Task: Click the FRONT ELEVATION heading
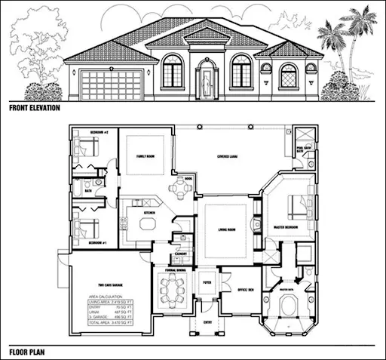tap(36, 108)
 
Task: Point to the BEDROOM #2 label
tap(100, 133)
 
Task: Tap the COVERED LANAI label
tap(227, 156)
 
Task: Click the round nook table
tap(179, 189)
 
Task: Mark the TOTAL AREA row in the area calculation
tap(106, 322)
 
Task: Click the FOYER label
tap(207, 283)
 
